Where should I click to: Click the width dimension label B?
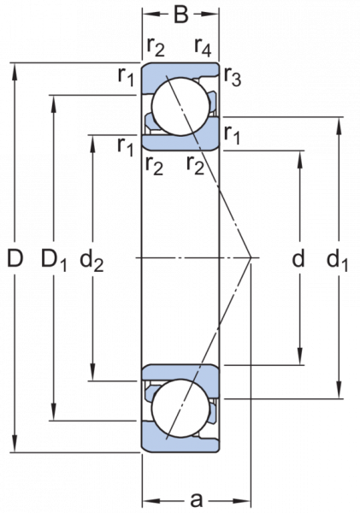[x=181, y=15]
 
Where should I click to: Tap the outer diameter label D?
[x=15, y=258]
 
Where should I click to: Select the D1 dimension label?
[x=54, y=259]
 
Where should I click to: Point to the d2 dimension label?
[x=91, y=260]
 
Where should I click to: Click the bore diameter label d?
[x=298, y=258]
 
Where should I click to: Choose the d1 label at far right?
[x=338, y=260]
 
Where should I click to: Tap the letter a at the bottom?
[x=197, y=499]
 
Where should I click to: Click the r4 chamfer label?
[x=203, y=47]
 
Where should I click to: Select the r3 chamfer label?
[x=233, y=77]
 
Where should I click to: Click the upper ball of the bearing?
[x=180, y=106]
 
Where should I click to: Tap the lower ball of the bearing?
[x=180, y=409]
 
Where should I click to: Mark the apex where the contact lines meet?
[x=251, y=257]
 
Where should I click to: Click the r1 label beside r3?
[x=232, y=135]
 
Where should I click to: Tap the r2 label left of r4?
[x=156, y=47]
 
